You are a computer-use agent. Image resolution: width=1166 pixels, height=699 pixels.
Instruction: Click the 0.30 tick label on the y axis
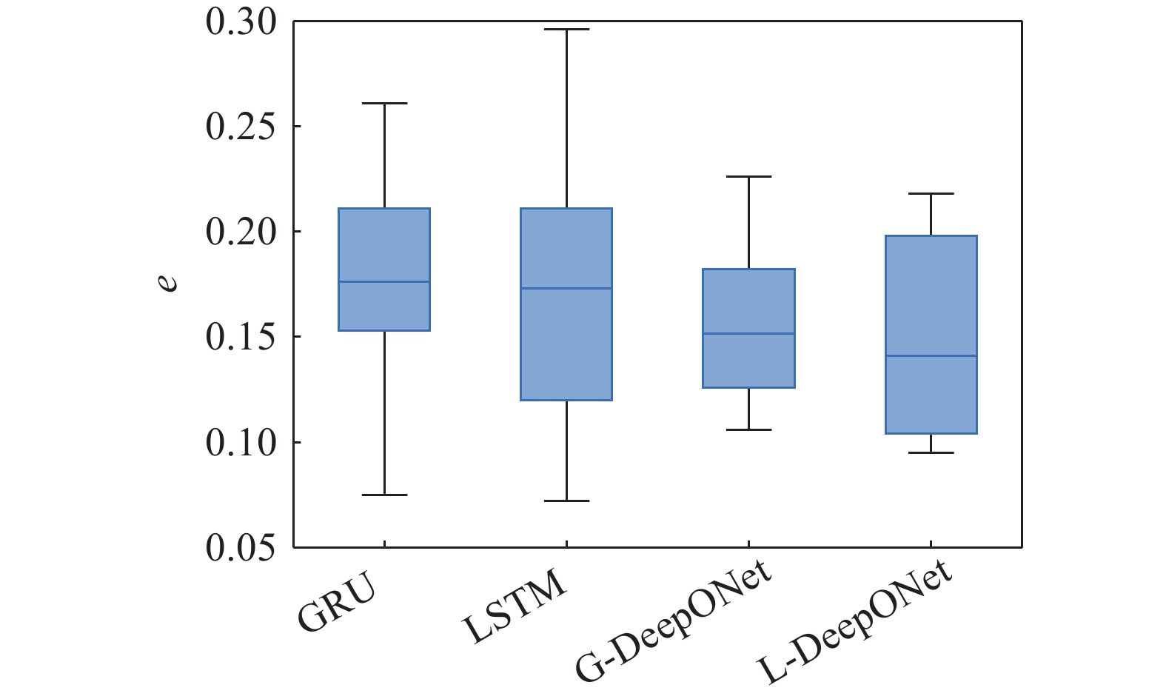coord(241,22)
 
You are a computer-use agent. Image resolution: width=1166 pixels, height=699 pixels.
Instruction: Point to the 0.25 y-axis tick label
coord(241,127)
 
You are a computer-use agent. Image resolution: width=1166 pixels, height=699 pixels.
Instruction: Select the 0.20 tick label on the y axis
coord(241,233)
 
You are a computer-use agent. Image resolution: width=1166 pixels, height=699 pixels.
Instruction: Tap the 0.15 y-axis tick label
coord(241,338)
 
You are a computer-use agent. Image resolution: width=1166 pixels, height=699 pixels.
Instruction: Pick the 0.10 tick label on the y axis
coord(241,443)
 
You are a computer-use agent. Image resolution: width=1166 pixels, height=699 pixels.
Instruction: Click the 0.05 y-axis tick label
coord(241,548)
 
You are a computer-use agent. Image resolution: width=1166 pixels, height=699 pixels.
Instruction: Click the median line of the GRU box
coord(384,281)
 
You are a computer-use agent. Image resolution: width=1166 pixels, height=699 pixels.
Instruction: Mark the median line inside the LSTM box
coord(566,288)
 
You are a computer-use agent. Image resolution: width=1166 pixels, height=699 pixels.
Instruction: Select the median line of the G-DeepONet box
coord(749,334)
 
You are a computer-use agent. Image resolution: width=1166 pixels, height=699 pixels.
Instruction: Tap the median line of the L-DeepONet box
coord(931,356)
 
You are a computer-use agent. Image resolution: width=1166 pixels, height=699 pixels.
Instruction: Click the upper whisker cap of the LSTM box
coord(566,30)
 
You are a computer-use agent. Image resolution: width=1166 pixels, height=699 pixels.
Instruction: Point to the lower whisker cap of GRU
coord(384,495)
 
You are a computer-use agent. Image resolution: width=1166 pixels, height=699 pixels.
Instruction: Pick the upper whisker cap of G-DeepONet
coord(749,177)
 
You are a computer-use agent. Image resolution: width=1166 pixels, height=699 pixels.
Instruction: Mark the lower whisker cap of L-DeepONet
coord(931,452)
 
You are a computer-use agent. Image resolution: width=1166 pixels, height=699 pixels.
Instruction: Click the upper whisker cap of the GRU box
coord(384,104)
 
